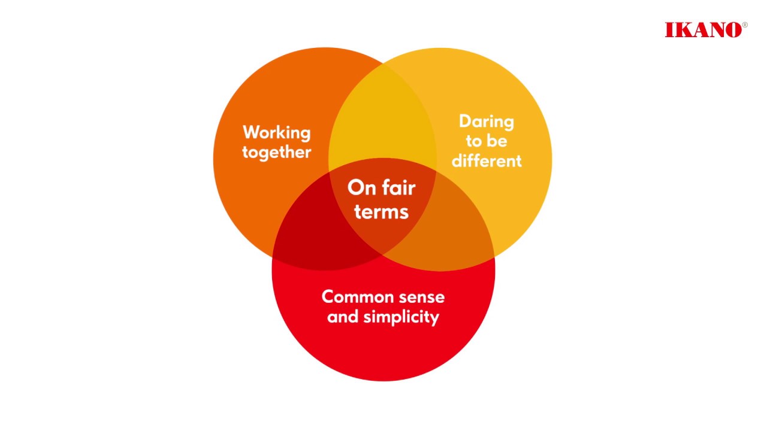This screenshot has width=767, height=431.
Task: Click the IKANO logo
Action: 703,30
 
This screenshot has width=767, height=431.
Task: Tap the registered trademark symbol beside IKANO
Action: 745,25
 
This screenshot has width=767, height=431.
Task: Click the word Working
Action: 276,133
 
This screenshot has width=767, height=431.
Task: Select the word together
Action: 276,152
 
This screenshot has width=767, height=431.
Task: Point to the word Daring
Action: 486,122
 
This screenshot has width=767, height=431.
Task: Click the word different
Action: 486,160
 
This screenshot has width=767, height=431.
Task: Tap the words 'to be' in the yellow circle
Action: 486,141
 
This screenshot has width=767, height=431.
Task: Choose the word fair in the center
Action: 397,188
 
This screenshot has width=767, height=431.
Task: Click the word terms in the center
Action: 381,211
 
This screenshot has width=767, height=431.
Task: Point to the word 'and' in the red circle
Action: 343,317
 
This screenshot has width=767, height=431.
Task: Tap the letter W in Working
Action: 250,132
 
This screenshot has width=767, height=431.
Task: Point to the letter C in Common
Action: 327,296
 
